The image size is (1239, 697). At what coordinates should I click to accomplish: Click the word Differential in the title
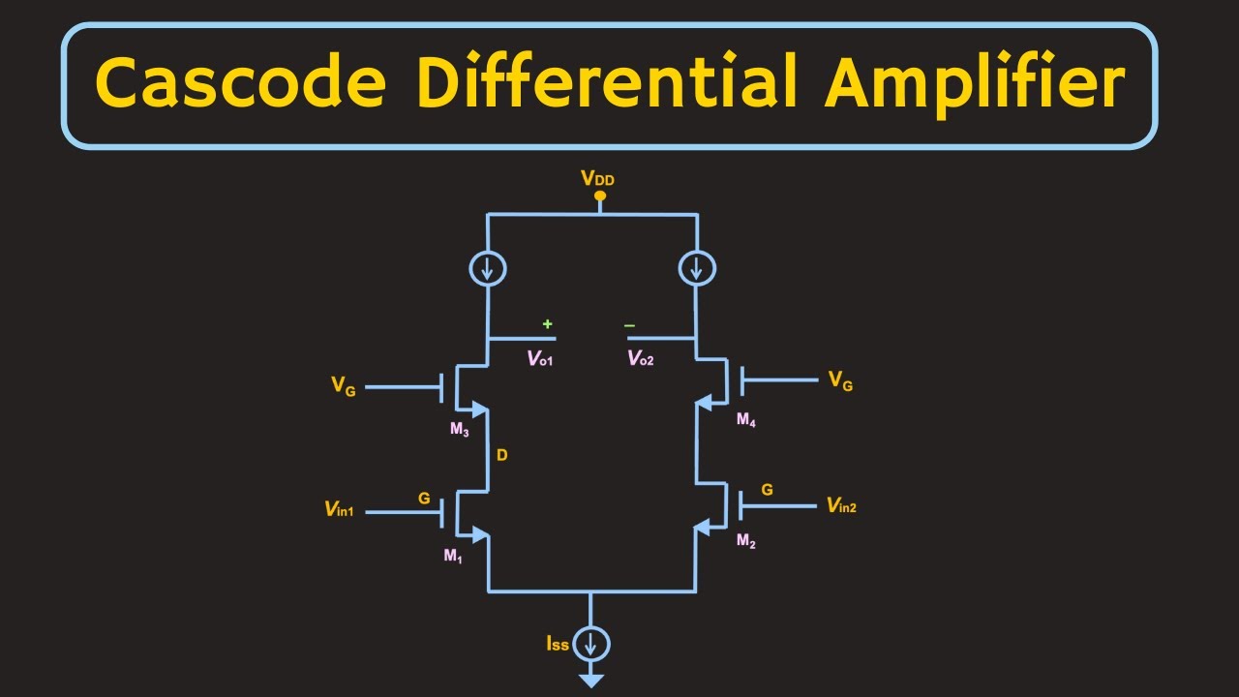[608, 83]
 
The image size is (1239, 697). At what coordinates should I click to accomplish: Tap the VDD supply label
[597, 178]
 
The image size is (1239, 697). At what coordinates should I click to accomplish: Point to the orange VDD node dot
[600, 197]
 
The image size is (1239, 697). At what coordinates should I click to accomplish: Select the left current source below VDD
[488, 268]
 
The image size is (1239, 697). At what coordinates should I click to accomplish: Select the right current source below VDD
[697, 268]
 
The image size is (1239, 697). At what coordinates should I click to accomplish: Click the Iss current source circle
[590, 644]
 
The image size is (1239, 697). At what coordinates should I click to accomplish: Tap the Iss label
[558, 644]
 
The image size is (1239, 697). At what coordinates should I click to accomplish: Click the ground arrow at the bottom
[590, 681]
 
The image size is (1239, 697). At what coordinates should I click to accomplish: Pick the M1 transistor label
[453, 556]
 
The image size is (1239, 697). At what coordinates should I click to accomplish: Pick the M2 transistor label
[745, 541]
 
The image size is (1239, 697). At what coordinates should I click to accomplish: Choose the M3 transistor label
[459, 430]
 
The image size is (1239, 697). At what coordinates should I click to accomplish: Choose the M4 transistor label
[745, 419]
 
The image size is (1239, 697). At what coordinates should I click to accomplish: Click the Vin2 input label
[840, 504]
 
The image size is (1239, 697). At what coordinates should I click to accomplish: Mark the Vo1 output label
[540, 358]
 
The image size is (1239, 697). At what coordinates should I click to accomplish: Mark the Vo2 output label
[641, 358]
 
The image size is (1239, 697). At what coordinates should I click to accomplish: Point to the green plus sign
[548, 324]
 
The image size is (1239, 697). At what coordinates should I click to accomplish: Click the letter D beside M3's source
[501, 454]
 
